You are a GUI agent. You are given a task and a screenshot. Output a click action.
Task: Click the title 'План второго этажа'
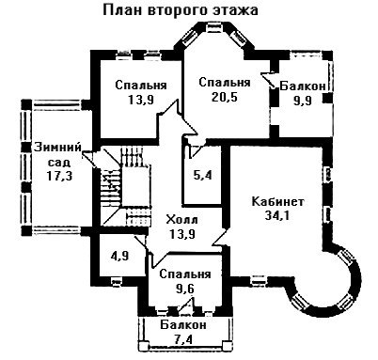(181, 10)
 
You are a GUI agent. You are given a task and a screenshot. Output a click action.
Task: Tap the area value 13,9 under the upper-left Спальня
(141, 100)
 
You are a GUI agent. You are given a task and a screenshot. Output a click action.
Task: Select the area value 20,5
(225, 97)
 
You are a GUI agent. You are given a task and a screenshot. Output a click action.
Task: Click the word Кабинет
(277, 201)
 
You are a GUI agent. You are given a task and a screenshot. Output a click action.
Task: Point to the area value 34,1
(277, 215)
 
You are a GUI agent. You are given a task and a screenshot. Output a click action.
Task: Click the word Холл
(181, 219)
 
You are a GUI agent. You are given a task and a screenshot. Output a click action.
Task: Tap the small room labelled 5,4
(202, 176)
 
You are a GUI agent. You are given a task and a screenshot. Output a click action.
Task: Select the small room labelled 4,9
(120, 256)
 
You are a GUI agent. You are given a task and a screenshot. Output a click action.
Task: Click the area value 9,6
(185, 289)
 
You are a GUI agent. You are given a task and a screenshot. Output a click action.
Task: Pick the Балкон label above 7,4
(183, 324)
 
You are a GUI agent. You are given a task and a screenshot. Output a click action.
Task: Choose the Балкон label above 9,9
(303, 86)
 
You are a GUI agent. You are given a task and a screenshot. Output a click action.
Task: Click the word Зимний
(57, 148)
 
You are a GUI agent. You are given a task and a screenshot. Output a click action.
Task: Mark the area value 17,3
(59, 176)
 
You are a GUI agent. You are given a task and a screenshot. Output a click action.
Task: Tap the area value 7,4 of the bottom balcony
(183, 339)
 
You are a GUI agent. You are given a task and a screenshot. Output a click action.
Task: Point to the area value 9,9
(303, 101)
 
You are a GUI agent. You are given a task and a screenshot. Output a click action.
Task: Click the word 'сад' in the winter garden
(59, 163)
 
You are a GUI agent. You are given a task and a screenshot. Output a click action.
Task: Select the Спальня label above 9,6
(185, 274)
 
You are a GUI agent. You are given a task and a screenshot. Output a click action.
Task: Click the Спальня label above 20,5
(225, 83)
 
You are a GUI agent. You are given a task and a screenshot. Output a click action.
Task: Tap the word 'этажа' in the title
(236, 10)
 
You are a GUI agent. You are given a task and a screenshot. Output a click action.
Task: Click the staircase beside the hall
(125, 187)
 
